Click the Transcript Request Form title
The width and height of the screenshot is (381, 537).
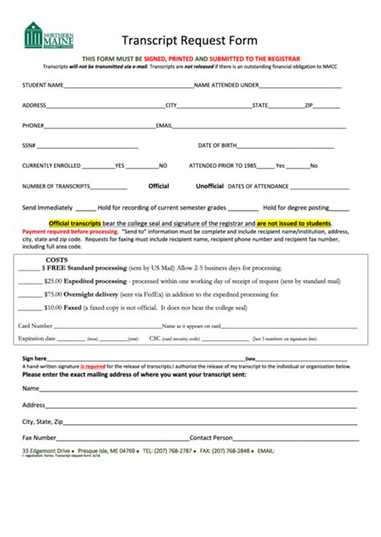(x=189, y=39)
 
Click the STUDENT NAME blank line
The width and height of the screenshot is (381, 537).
(x=129, y=85)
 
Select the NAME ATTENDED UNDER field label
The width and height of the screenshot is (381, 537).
(x=227, y=83)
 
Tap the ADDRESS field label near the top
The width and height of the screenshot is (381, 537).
(x=35, y=104)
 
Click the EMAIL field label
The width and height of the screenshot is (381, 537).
(x=164, y=124)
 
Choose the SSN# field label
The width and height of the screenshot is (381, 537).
(x=29, y=144)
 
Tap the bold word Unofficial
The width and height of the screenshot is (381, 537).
(x=210, y=185)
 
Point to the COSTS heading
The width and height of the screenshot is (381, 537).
(x=56, y=260)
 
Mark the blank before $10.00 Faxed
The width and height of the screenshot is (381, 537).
(x=31, y=307)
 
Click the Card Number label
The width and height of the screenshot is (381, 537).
(x=35, y=326)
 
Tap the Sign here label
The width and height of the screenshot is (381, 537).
(x=35, y=358)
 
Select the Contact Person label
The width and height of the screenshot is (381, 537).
(x=211, y=437)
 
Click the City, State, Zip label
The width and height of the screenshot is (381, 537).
(x=48, y=421)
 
